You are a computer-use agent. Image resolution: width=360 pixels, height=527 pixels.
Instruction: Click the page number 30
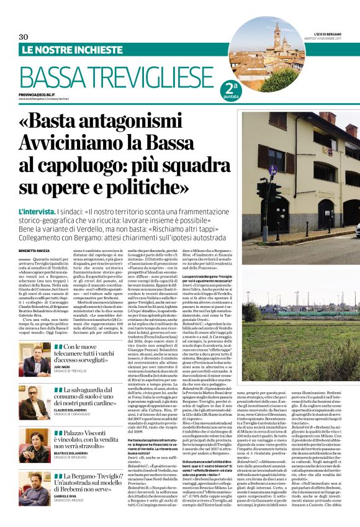tap(24, 37)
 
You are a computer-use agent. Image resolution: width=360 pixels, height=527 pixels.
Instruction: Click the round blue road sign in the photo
tap(272, 170)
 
